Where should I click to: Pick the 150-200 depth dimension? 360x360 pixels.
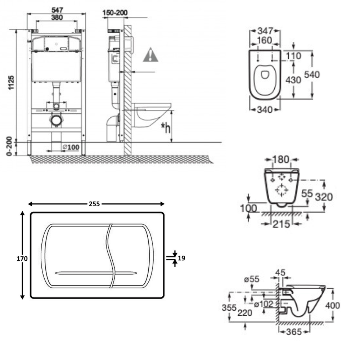[x=115, y=13]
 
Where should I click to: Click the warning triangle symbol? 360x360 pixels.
[x=150, y=55]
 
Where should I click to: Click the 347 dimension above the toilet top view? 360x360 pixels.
[x=265, y=31]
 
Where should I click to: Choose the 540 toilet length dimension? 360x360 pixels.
[x=312, y=75]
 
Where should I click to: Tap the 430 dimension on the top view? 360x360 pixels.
[x=293, y=80]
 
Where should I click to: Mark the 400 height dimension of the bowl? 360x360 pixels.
[x=332, y=306]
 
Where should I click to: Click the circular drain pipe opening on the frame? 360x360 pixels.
[x=56, y=120]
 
